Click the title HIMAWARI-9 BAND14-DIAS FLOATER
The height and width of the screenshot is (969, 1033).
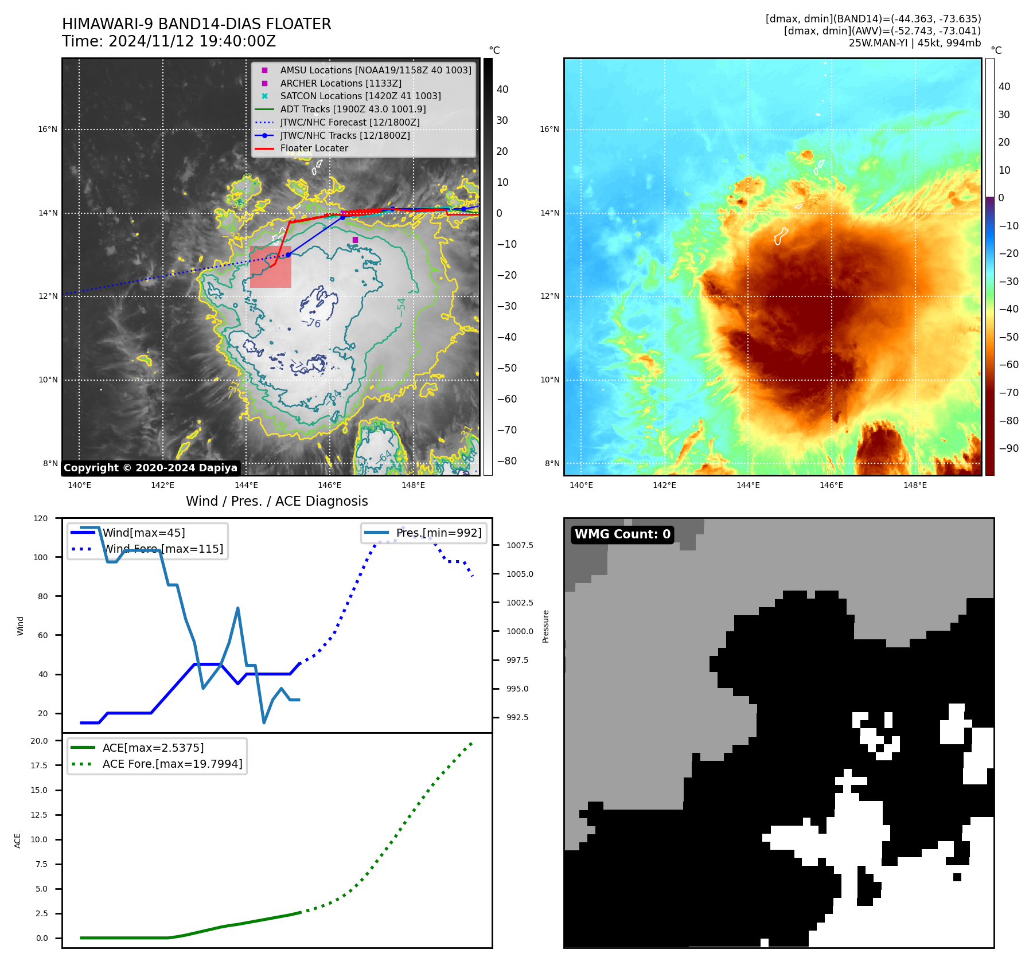[x=196, y=24]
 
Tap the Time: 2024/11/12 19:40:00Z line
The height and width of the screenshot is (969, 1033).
[x=169, y=42]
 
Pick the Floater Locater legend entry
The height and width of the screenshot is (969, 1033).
[x=314, y=149]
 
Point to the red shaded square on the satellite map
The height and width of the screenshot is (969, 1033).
[x=270, y=267]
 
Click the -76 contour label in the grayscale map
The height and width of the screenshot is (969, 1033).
[x=312, y=323]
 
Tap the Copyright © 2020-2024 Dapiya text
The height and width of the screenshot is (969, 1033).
[x=150, y=468]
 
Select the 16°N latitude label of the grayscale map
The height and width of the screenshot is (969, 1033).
[x=48, y=129]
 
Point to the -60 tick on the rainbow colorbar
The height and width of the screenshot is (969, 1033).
[x=1008, y=365]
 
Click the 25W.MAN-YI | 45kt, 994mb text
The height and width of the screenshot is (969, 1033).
[x=914, y=43]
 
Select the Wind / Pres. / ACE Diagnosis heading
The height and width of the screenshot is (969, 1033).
[x=276, y=501]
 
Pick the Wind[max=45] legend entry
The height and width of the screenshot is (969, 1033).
[x=143, y=533]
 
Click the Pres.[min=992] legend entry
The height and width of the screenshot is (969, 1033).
[x=439, y=533]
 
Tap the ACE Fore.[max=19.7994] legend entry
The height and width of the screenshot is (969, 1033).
[x=172, y=764]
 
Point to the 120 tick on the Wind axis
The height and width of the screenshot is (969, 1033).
[x=41, y=518]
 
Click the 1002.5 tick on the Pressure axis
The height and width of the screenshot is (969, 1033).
[x=519, y=603]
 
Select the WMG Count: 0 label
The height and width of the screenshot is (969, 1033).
[x=622, y=534]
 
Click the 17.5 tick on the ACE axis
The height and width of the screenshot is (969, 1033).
[x=39, y=765]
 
